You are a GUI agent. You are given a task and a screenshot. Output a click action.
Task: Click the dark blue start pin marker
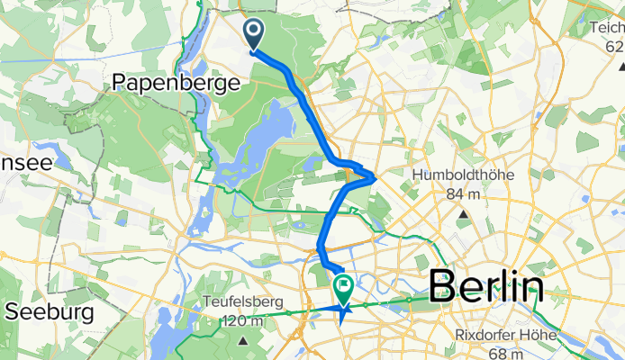pos(253,35)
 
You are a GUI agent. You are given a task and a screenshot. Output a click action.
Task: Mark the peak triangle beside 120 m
pos(245,340)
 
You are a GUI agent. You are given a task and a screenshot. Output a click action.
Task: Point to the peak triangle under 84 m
pos(462,214)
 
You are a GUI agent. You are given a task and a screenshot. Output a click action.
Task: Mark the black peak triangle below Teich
pos(620,67)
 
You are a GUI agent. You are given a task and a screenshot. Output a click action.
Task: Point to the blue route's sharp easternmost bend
pos(375,177)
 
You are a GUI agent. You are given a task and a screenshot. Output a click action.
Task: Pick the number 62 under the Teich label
pos(615,47)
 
